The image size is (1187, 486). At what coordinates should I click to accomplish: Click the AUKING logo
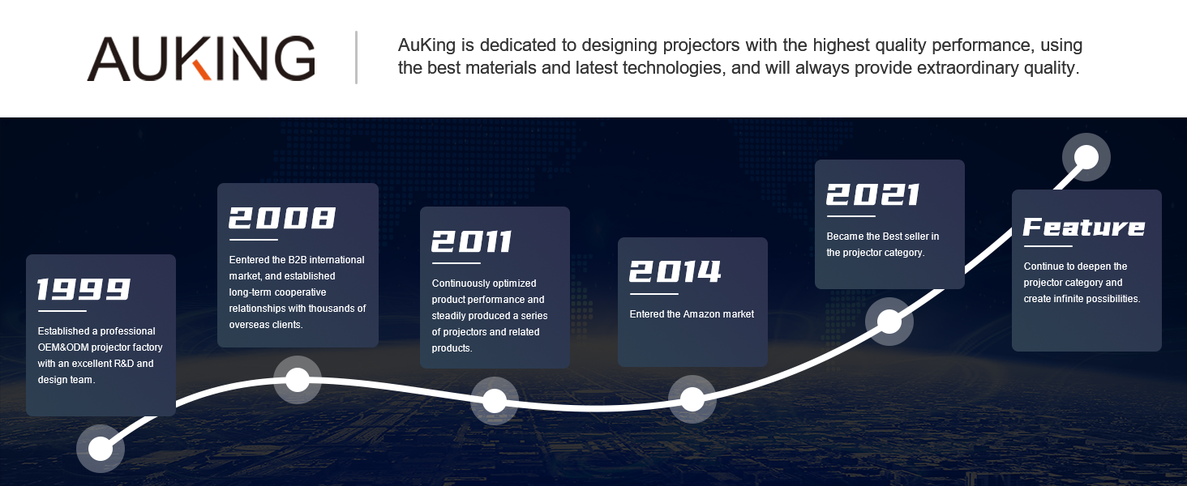tap(201, 58)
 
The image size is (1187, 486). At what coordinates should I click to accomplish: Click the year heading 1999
tap(84, 289)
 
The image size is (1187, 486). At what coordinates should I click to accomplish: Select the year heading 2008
tap(282, 218)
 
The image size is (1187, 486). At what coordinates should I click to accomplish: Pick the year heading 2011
tap(471, 241)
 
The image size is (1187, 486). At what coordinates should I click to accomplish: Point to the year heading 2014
tap(675, 271)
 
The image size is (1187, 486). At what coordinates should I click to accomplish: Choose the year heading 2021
tap(872, 194)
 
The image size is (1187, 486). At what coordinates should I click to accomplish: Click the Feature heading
tap(1084, 227)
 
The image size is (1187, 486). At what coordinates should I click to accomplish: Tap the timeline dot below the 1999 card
tap(101, 449)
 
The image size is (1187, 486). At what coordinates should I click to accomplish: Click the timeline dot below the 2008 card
tap(298, 380)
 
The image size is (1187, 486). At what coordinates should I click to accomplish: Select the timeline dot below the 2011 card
tap(495, 401)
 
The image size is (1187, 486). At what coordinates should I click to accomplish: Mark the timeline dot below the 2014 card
tap(692, 399)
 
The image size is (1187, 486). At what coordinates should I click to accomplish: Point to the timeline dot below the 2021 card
tap(889, 322)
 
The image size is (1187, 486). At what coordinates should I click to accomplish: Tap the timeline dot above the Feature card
tap(1086, 157)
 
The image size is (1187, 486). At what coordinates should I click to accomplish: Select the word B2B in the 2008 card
tap(298, 260)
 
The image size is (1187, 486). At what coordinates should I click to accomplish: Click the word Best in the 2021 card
tap(893, 237)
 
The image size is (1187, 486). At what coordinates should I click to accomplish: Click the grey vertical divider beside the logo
tap(356, 58)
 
